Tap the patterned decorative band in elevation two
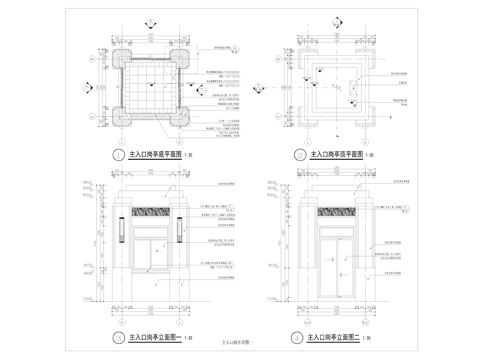(337, 211)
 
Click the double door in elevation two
(337, 266)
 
